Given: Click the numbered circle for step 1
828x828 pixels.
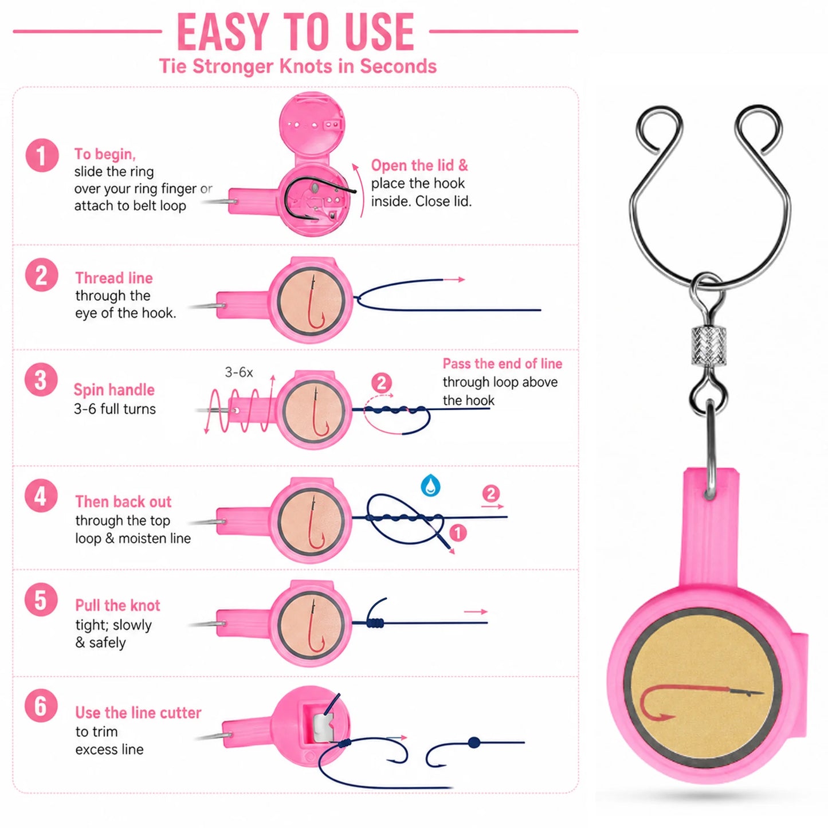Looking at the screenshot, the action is pos(42,155).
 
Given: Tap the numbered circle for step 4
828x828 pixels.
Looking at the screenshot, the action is pos(41,496).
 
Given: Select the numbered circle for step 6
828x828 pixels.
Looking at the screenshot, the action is pos(41,705).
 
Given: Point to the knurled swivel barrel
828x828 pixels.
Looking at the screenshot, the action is pos(709,346).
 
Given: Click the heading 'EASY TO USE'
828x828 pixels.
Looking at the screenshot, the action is pos(296,32).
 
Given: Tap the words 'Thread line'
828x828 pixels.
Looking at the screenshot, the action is pos(114,278).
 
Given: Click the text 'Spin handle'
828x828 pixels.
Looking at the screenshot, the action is pos(114,390).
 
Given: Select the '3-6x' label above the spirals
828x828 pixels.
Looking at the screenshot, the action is pos(239,372).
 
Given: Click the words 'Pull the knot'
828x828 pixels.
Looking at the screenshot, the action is pos(117,606).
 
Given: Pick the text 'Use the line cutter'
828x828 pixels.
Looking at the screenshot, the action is pos(138,712).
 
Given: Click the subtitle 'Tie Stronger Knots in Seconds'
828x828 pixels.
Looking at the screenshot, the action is pos(298,66).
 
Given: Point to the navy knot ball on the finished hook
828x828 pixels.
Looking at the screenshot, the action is pos(473,742).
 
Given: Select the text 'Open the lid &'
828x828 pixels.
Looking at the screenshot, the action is pos(419,166).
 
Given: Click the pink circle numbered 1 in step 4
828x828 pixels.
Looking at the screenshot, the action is pos(458,533).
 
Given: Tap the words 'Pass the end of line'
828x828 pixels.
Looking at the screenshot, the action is pos(503,363).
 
